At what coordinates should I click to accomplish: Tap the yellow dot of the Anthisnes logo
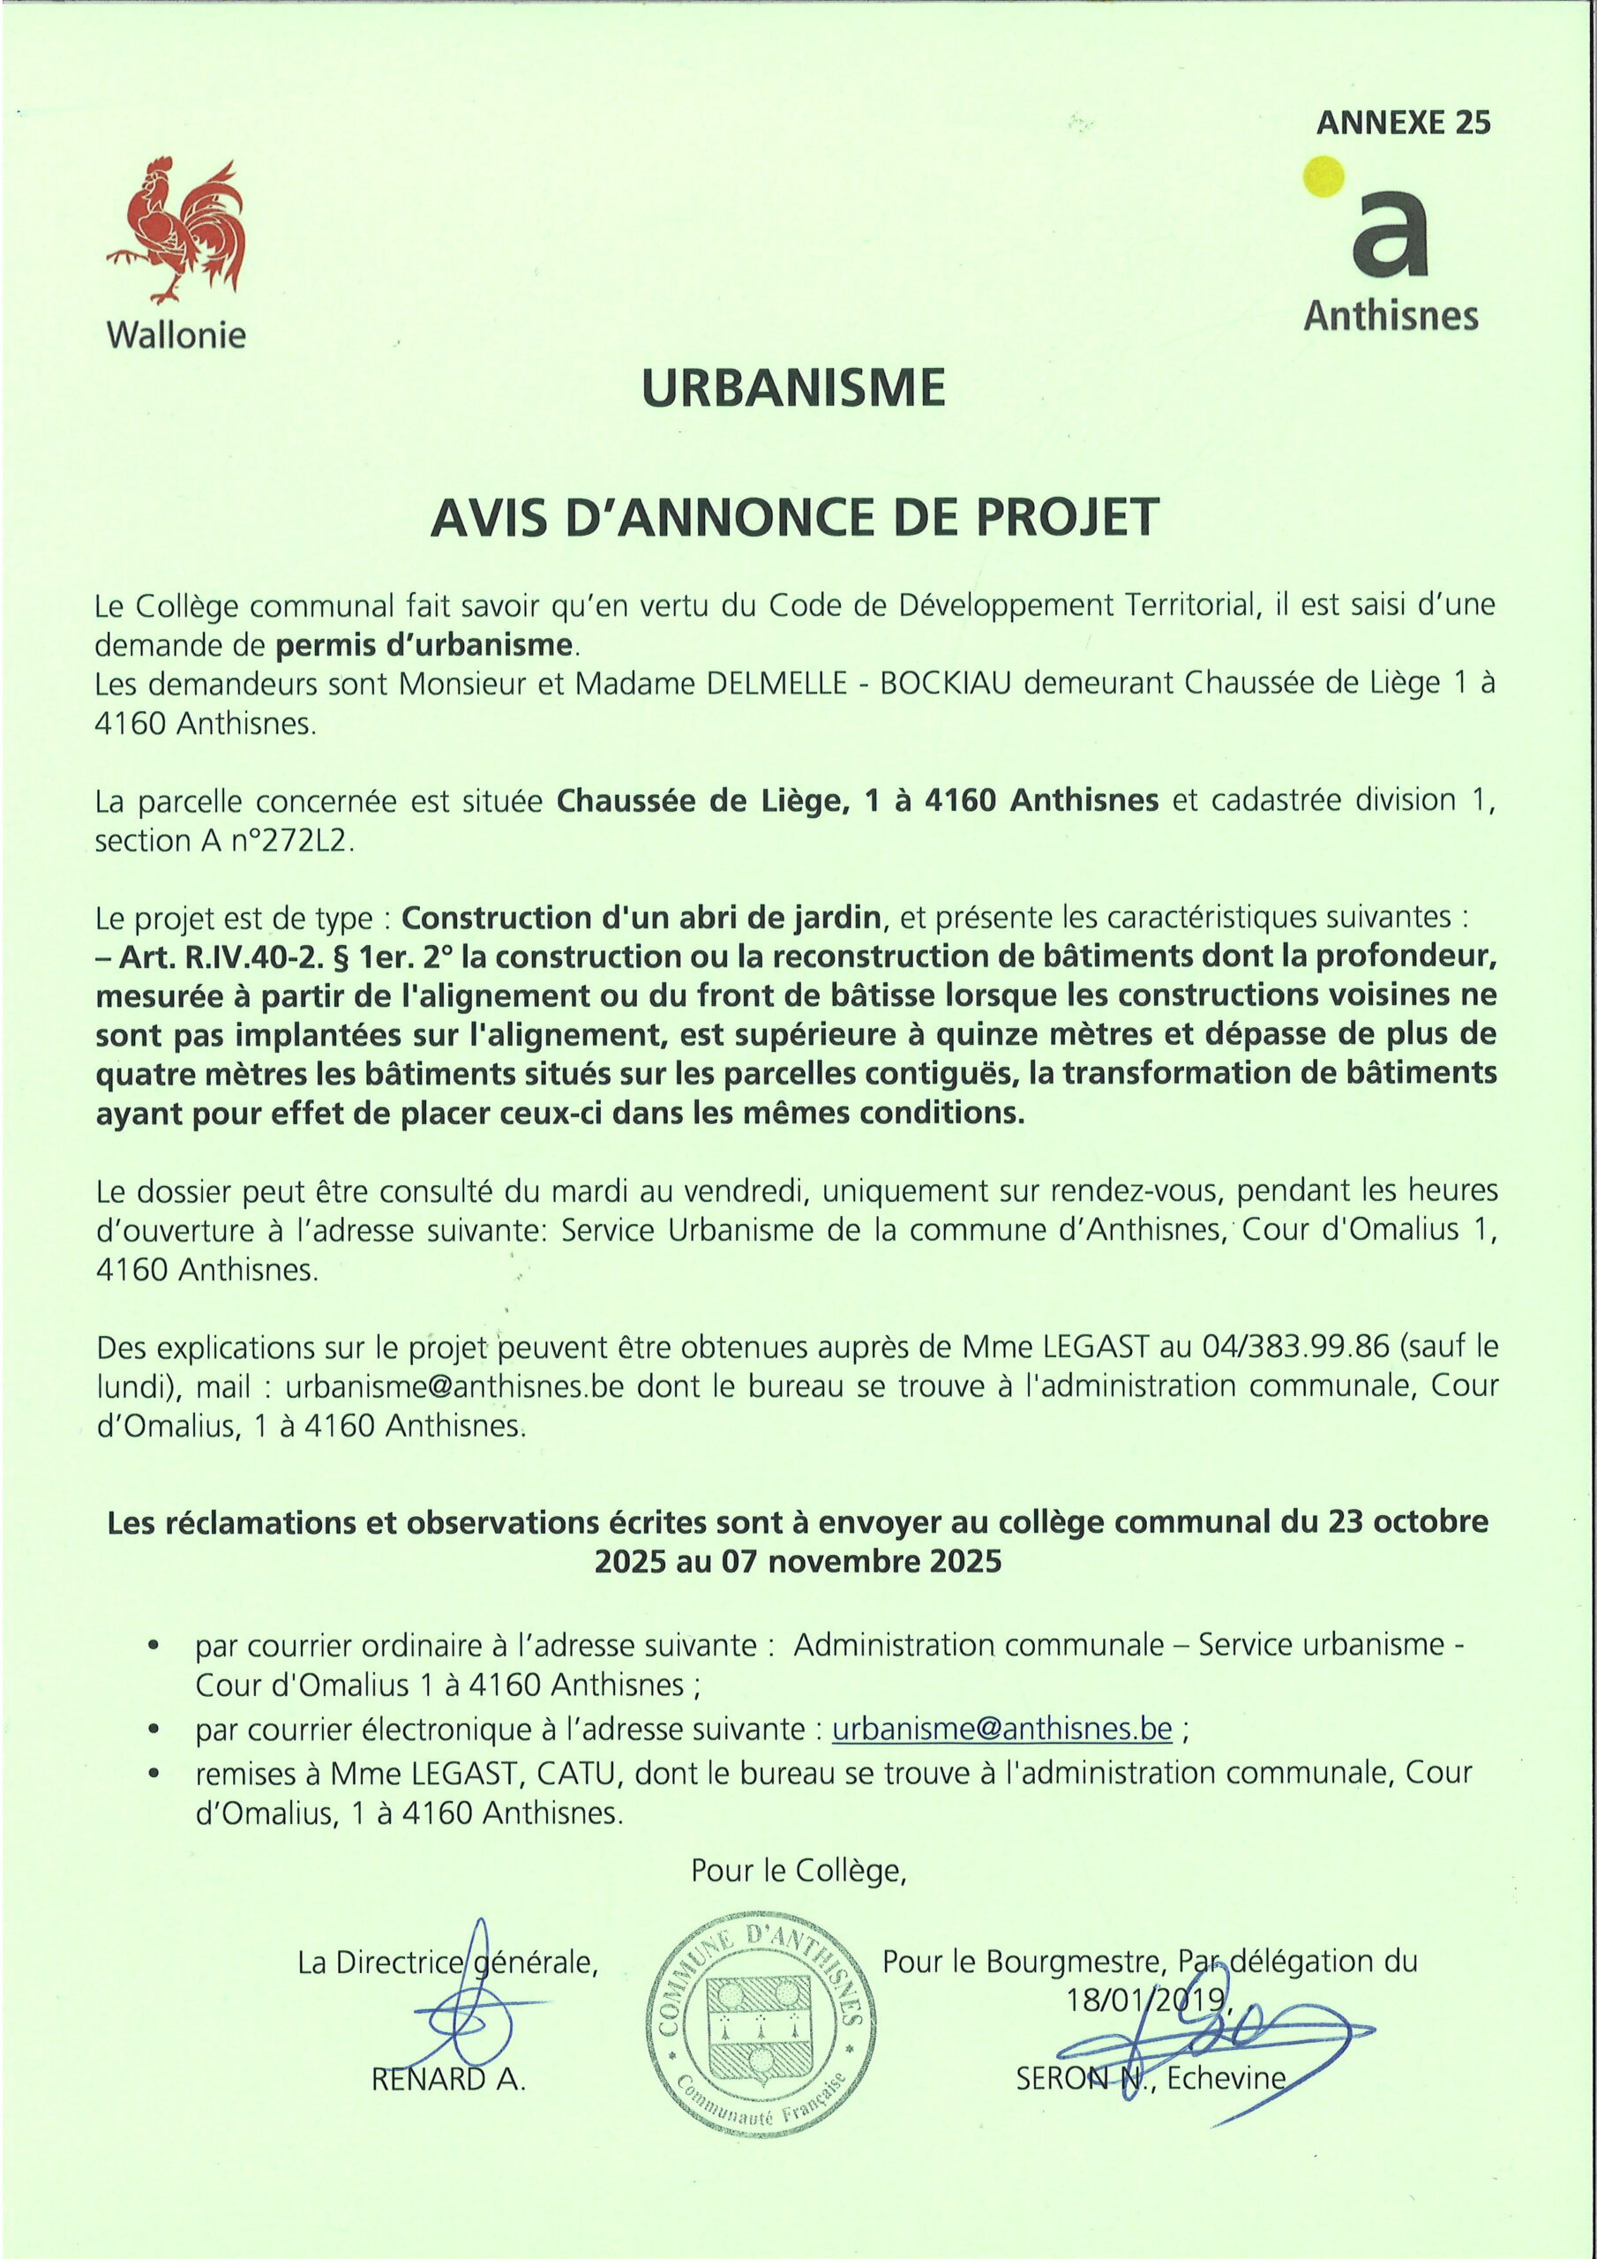coord(1323,178)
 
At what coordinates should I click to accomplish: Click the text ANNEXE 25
coord(1403,123)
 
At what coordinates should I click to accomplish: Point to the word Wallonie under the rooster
coord(176,335)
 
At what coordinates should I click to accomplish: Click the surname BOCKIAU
coord(946,683)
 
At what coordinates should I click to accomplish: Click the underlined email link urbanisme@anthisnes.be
coord(1001,1729)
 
